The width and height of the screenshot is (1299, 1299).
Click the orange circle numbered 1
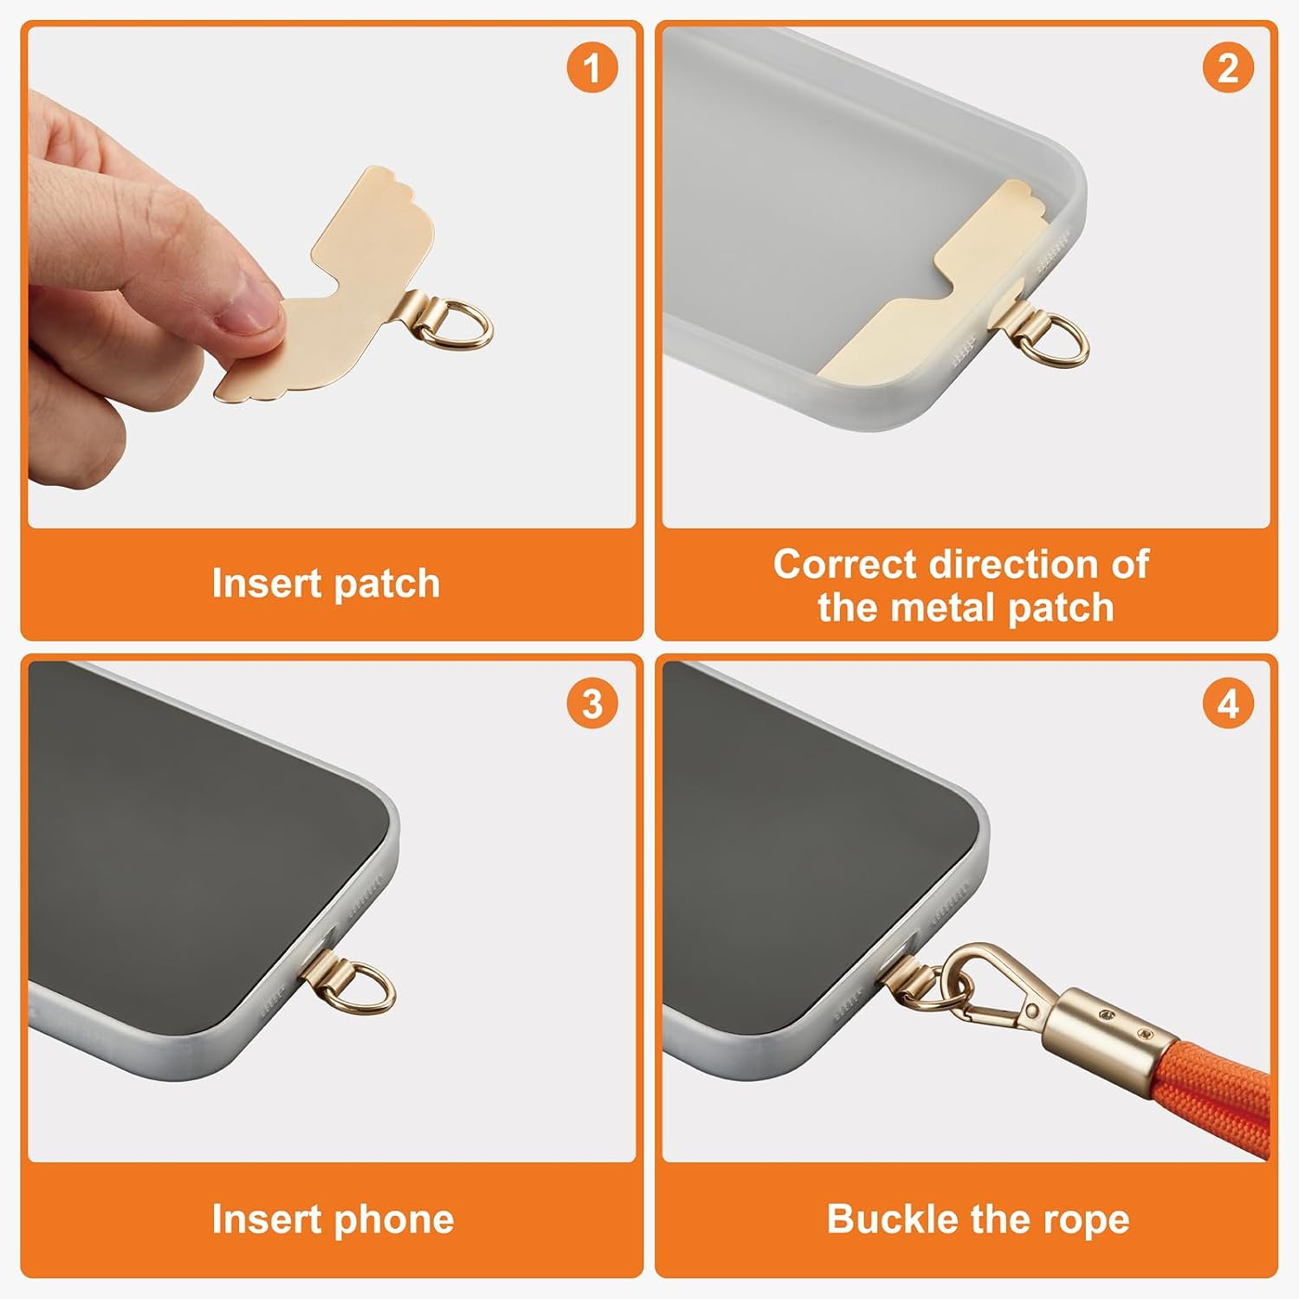[592, 68]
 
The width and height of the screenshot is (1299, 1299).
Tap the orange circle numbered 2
[1228, 68]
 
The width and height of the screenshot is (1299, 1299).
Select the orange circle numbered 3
[592, 703]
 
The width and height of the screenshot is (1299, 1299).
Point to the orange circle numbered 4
[1228, 703]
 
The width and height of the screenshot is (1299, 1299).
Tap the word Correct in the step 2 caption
[844, 565]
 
